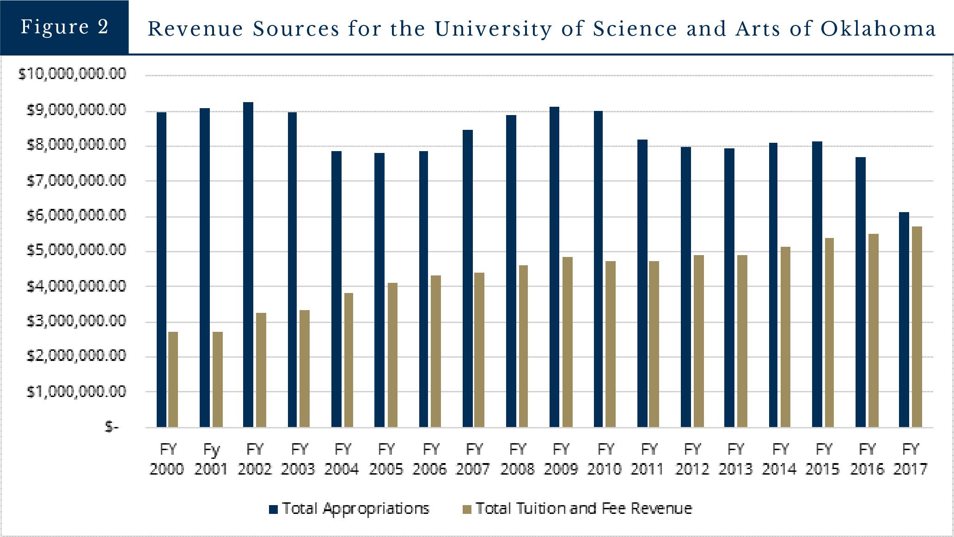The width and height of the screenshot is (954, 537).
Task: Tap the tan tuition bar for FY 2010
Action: pyautogui.click(x=611, y=344)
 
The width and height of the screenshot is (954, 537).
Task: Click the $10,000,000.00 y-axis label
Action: pyautogui.click(x=72, y=74)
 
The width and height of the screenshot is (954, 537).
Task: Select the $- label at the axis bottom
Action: pyautogui.click(x=112, y=427)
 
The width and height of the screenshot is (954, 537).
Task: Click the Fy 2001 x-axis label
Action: pyautogui.click(x=211, y=459)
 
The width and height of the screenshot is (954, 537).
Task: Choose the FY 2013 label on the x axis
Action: pyautogui.click(x=736, y=459)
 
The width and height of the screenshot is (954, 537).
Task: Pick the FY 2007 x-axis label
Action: pyautogui.click(x=474, y=459)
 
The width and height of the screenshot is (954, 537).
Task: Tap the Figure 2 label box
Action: pyautogui.click(x=64, y=27)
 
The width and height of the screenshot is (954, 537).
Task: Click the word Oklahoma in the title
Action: pyautogui.click(x=878, y=29)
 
